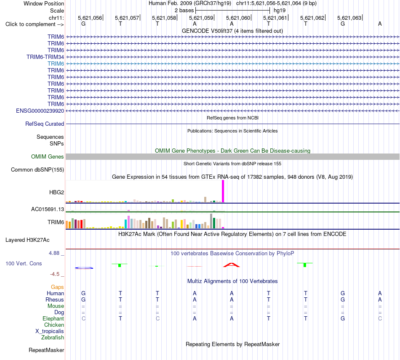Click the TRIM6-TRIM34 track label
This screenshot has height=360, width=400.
click(x=45, y=57)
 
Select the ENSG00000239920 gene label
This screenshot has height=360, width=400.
click(x=40, y=111)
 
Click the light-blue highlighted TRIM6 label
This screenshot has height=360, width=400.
click(x=56, y=64)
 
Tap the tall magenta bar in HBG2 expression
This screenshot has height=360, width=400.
click(x=223, y=191)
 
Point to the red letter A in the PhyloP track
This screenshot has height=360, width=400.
click(x=232, y=265)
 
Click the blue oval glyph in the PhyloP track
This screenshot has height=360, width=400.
click(x=84, y=268)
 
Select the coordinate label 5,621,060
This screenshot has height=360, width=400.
click(x=238, y=18)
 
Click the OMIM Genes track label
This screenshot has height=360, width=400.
click(x=48, y=157)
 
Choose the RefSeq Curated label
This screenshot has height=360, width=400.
click(x=45, y=124)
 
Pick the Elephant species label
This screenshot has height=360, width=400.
click(x=53, y=318)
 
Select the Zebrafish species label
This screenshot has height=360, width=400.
click(x=53, y=337)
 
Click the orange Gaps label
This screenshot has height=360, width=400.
click(x=57, y=287)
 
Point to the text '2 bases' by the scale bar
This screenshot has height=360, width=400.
click(x=184, y=11)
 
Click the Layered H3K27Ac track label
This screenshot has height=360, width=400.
click(x=27, y=240)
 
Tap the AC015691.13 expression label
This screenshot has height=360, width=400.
click(x=48, y=209)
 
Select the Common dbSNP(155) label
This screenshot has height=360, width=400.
click(x=37, y=169)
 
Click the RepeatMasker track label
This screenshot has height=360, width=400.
click(x=46, y=350)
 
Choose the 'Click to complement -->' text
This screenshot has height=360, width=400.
click(x=35, y=24)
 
